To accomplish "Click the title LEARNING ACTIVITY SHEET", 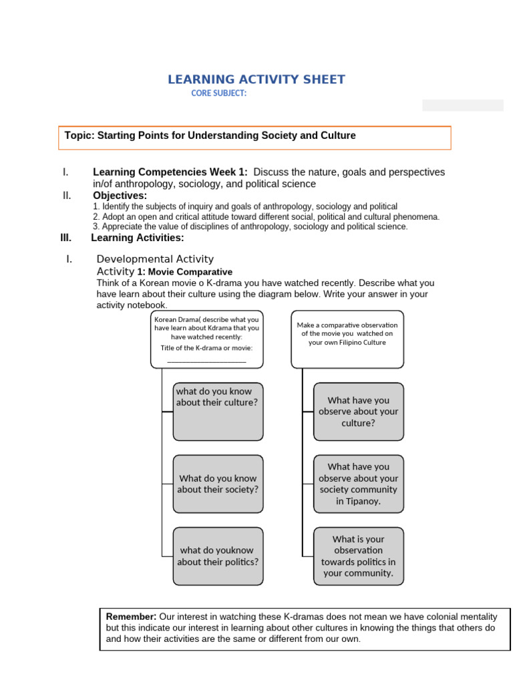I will pos(256,79).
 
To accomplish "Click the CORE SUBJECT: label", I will pos(218,94).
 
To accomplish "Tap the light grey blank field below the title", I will pos(462,105).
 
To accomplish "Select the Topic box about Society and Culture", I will pos(255,137).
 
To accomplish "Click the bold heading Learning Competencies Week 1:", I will pos(170,172).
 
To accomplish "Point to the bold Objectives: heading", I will pos(120,196).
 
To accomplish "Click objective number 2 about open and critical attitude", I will pos(266,217).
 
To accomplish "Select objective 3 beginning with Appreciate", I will pos(250,226).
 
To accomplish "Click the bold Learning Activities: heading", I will pos(138,238).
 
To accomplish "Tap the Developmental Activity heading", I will pos(155,259).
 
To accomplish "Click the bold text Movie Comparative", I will pos(190,272).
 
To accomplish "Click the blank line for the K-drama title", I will pos(206,360).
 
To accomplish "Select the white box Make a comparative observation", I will pos(347,339).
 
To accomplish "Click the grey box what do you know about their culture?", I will pos(218,411).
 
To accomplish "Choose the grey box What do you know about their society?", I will pos(218,484).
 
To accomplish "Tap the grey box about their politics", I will pos(218,556).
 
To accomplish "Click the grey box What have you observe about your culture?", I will pos(358,411).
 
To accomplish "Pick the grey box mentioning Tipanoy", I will pos(358,484).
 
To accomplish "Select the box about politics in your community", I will pos(358,556).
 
